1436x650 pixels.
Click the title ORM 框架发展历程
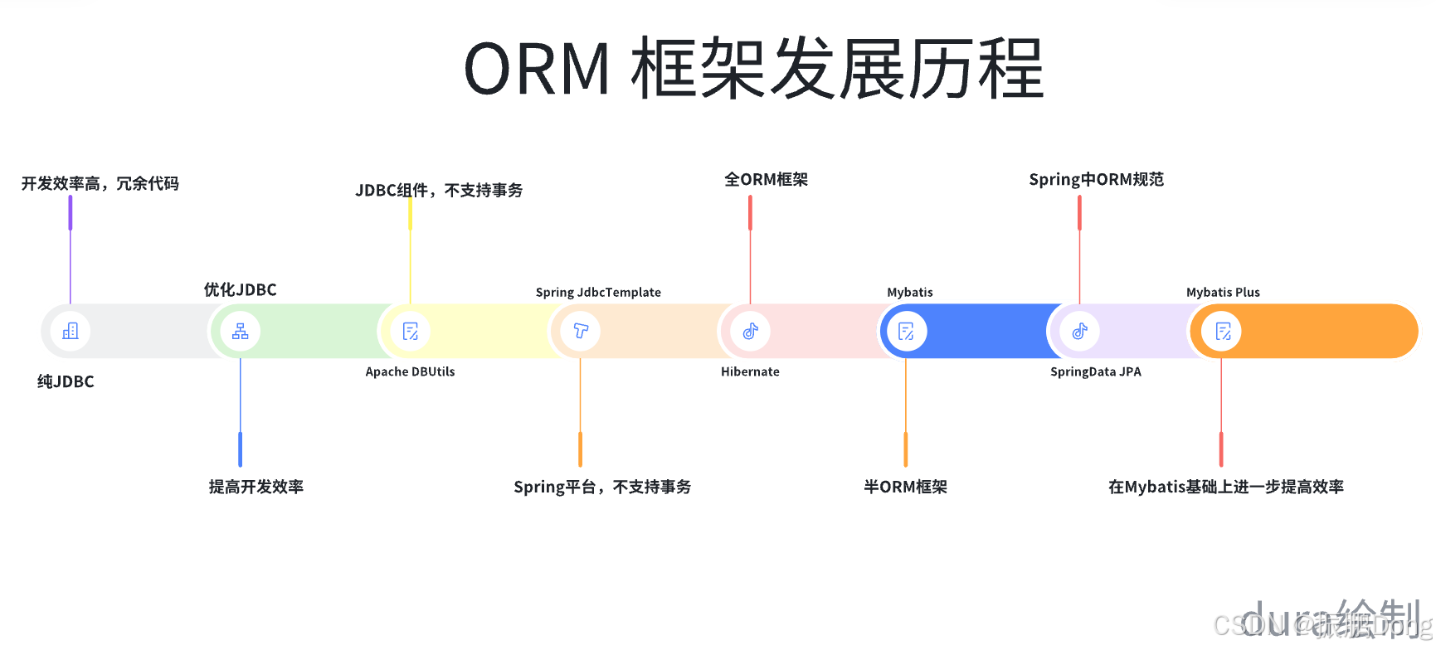tap(752, 70)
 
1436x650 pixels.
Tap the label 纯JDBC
tap(66, 381)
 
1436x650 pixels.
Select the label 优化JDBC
tap(240, 289)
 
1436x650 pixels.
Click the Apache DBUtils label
tap(410, 371)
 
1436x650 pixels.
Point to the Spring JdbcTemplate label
tap(598, 292)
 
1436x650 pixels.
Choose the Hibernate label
tap(750, 371)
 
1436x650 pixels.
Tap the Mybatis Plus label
tap(1223, 292)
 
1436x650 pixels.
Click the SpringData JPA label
tap(1095, 371)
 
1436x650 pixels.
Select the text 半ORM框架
tap(905, 487)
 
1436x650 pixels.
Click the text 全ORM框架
tap(766, 179)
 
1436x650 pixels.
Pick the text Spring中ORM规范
tap(1096, 179)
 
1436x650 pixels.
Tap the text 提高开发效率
tap(256, 487)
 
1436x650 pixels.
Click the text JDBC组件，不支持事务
tap(439, 190)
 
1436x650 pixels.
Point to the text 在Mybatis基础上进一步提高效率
tap(1225, 487)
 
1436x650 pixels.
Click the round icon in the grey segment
tap(71, 331)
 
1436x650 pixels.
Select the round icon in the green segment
tap(241, 331)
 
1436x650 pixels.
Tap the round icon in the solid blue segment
tap(906, 331)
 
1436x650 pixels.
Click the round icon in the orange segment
tap(1223, 331)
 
